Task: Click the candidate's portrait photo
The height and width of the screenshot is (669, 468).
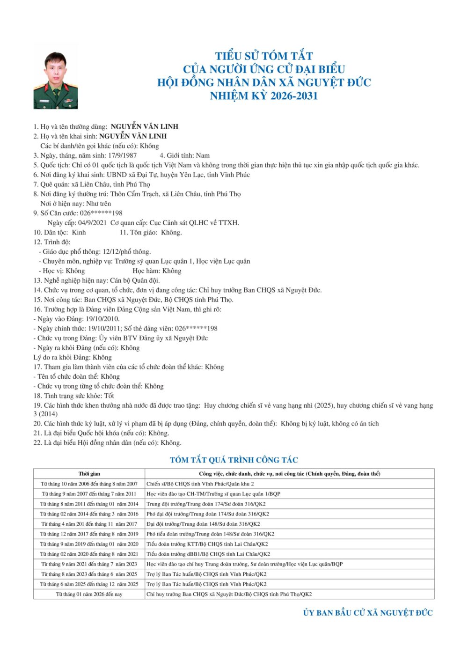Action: pos(55,81)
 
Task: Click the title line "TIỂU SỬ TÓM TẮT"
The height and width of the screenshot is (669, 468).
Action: pos(264,56)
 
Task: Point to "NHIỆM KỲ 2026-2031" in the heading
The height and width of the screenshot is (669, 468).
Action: pos(264,96)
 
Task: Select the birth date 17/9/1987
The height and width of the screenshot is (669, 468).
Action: pos(123,155)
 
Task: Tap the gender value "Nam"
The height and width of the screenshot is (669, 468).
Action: pos(203,155)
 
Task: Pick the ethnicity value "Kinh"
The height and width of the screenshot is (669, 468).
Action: pos(79,233)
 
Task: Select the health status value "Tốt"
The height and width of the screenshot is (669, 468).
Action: pos(109,396)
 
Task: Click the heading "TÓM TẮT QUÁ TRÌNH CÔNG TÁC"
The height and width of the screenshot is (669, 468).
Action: pos(234,460)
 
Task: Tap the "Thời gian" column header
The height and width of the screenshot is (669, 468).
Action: pos(89,474)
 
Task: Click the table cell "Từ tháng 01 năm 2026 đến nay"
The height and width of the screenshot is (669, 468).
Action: pos(89,594)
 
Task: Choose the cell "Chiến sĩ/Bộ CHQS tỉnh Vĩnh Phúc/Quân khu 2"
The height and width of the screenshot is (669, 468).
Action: pos(200,484)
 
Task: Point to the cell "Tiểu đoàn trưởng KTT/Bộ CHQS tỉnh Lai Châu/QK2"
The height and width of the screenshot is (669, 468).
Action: pos(207,544)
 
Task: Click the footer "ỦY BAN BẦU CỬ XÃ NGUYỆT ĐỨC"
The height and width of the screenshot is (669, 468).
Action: pos(368,613)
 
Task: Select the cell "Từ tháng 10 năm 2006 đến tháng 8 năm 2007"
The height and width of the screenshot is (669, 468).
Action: pos(89,484)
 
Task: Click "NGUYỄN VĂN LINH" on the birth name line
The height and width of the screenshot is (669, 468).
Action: pos(133,136)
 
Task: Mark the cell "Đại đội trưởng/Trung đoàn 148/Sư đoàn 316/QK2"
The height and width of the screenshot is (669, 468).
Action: pos(203,524)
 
